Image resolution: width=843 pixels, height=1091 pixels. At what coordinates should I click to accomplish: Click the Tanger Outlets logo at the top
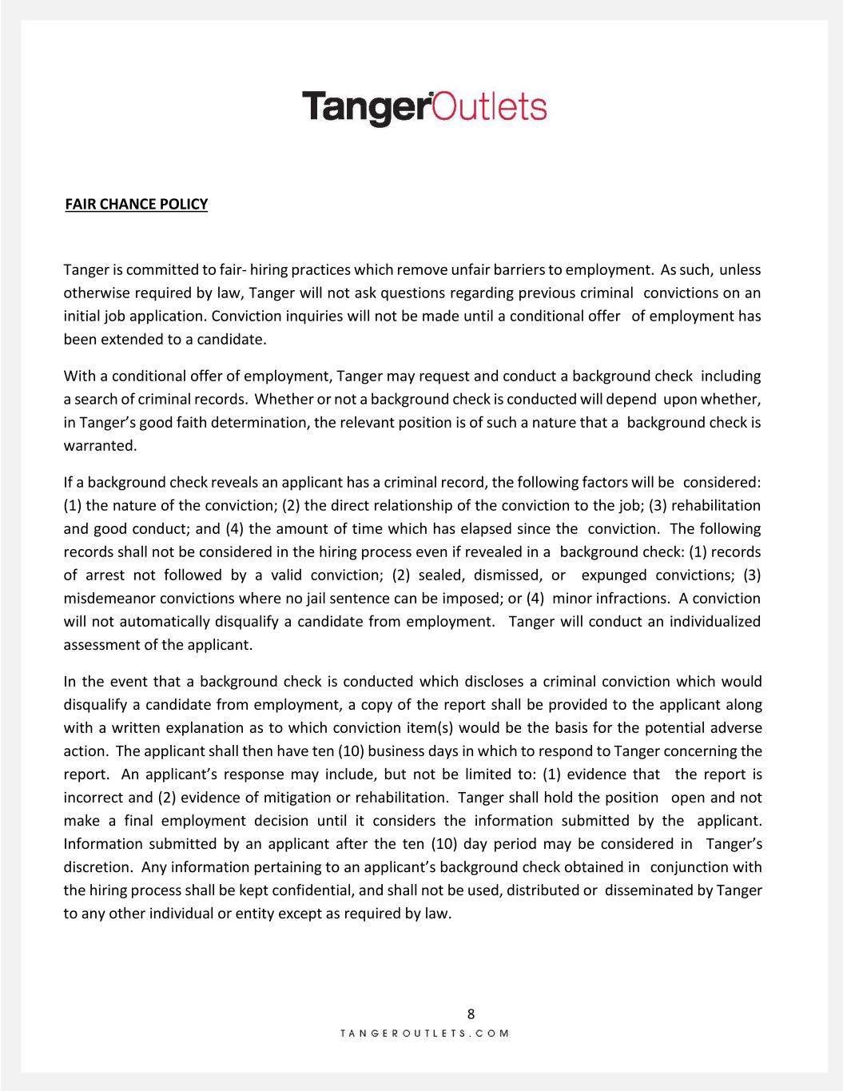click(424, 108)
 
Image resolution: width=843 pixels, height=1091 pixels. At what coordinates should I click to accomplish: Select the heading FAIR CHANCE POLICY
click(136, 204)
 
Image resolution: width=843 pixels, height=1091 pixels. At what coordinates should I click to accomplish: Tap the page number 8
click(471, 1014)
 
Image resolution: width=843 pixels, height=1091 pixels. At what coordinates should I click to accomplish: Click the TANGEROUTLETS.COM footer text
click(424, 1033)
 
